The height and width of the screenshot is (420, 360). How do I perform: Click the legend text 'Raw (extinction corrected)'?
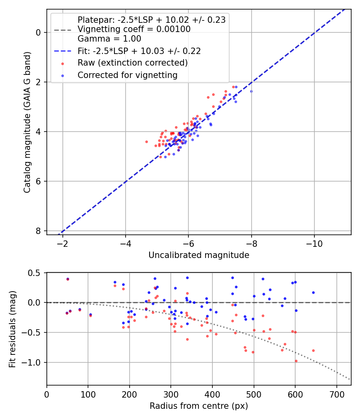[132, 63]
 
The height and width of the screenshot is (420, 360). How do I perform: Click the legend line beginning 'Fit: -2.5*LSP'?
[139, 51]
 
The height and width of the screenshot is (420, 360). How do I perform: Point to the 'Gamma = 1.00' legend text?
[109, 39]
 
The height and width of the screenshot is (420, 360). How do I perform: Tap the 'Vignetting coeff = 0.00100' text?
[134, 29]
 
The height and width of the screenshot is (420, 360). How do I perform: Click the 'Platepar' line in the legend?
[151, 20]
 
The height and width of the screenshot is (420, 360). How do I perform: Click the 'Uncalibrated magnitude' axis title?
[199, 255]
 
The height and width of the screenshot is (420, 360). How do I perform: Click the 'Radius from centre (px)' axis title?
[199, 406]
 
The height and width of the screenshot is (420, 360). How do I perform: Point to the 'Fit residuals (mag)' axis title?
[13, 329]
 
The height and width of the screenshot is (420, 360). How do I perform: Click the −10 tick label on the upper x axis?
[314, 244]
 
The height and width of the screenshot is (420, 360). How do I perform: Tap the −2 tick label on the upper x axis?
[63, 244]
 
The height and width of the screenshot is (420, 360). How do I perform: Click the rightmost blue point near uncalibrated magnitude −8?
[251, 91]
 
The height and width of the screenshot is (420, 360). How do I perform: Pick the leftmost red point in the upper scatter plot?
[146, 142]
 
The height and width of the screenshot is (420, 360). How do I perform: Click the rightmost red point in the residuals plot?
[313, 350]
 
